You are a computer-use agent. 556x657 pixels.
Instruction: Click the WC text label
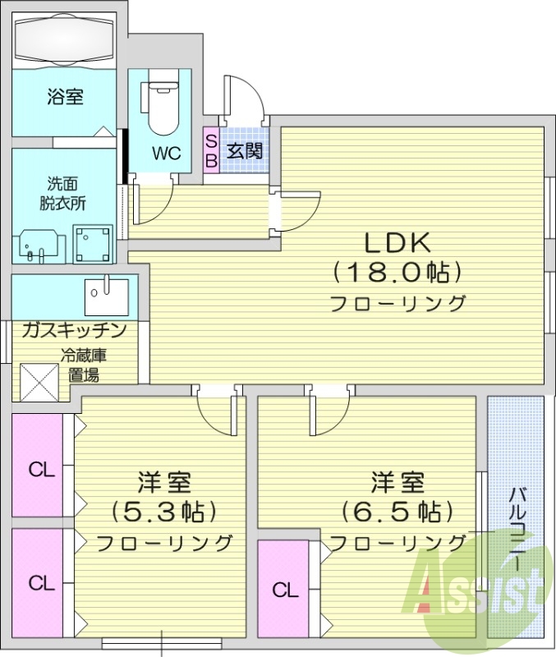pos(166,153)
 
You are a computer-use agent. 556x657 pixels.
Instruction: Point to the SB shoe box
pos(210,150)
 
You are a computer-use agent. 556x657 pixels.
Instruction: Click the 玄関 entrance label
pos(244,150)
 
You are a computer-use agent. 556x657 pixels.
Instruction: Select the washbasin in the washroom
pos(38,245)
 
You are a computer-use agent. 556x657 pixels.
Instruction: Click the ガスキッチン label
pos(74,331)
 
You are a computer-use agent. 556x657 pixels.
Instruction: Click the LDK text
pos(397,243)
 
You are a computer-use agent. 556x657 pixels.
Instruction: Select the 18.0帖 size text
pos(397,272)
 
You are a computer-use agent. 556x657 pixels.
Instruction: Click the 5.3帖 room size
pos(164,511)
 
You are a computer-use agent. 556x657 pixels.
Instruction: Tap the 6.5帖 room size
pos(397,511)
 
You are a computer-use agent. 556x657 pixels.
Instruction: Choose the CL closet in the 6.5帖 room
pos(285,590)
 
